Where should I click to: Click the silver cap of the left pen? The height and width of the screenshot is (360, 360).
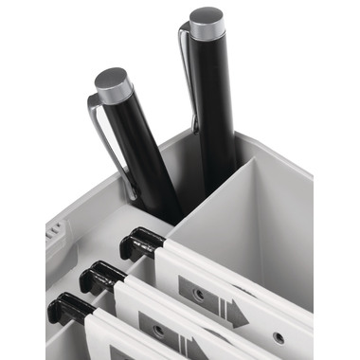click(x=114, y=83)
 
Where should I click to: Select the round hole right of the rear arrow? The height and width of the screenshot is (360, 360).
click(x=278, y=337)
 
